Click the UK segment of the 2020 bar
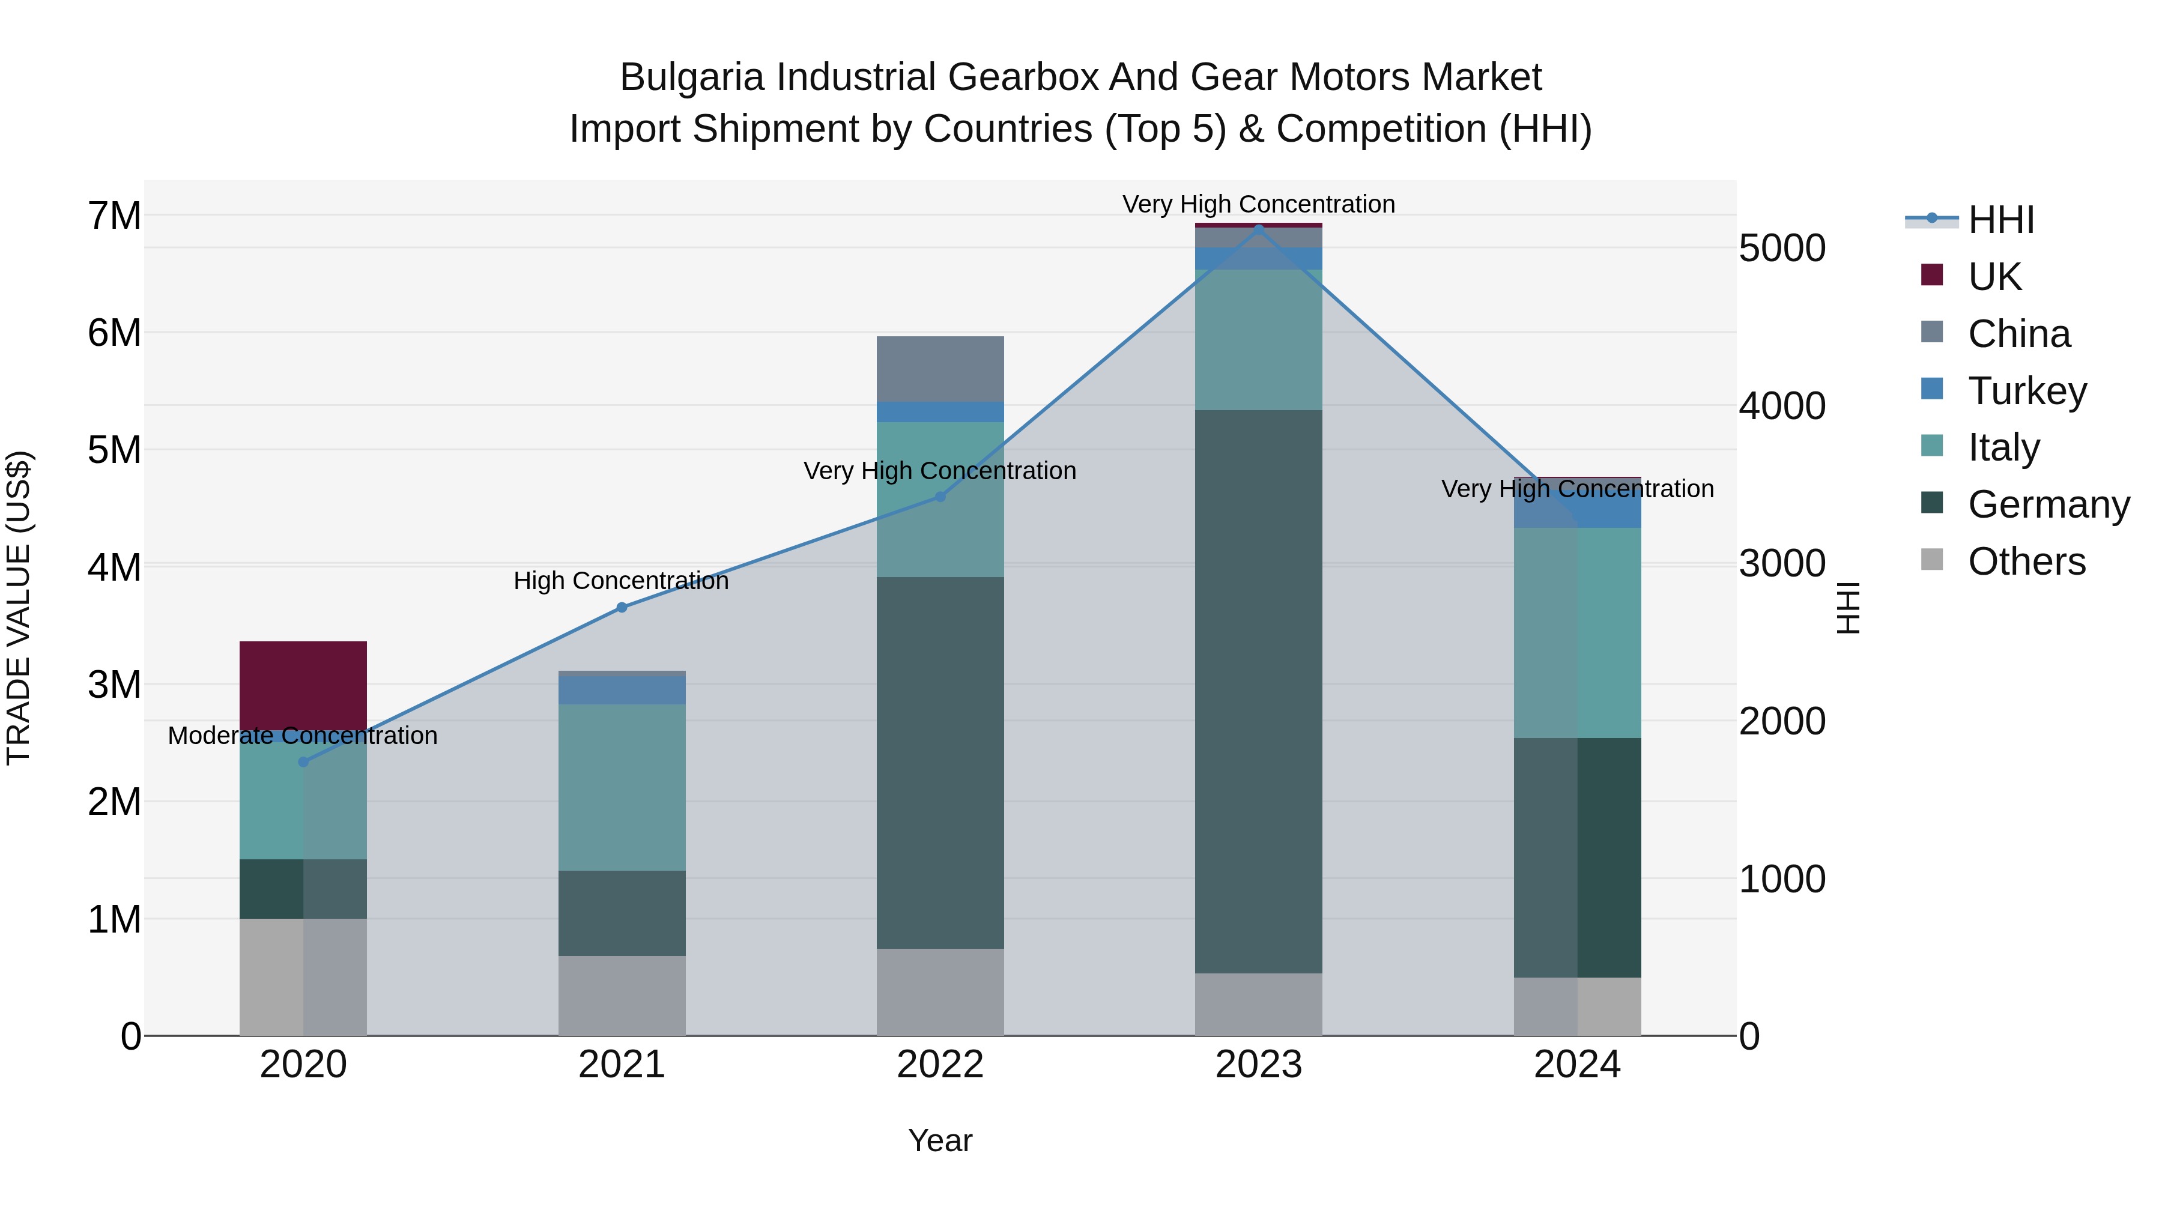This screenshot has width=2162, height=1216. click(x=303, y=684)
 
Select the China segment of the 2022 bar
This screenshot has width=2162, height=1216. click(x=940, y=369)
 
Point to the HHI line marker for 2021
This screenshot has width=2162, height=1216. click(x=622, y=608)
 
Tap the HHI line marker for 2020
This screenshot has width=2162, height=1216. click(x=304, y=762)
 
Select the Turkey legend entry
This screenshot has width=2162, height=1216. click(x=2026, y=391)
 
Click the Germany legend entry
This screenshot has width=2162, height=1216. click(x=2048, y=504)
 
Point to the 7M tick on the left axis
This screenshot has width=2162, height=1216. click(x=114, y=216)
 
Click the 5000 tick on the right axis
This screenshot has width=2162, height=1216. click(x=1782, y=249)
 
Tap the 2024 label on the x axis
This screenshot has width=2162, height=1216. click(x=1577, y=1065)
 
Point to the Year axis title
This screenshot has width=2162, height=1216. click(x=940, y=1140)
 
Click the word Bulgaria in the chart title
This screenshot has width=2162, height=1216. click(x=692, y=77)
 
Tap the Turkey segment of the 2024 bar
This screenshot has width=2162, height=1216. click(x=1577, y=512)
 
